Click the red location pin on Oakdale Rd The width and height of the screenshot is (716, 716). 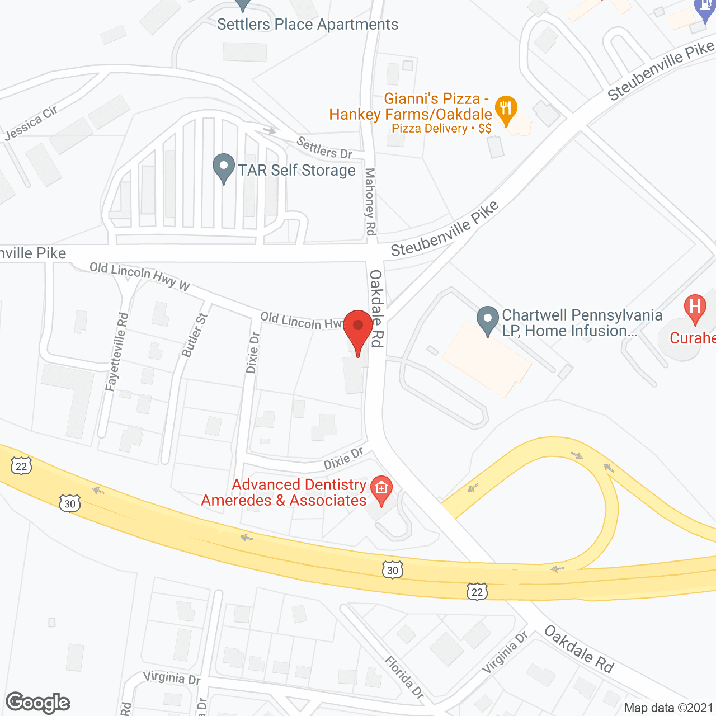coord(358,327)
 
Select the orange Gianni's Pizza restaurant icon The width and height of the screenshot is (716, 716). coord(506,109)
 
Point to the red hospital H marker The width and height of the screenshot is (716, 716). coord(695,308)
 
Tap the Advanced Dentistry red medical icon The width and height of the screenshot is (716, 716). coord(381,488)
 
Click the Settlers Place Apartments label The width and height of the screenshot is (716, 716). coord(308,25)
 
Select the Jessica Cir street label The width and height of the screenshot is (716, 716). coord(31,123)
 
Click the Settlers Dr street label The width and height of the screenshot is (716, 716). coord(324,148)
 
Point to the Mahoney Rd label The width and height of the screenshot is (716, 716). coord(370,201)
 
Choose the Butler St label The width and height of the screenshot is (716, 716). coord(195,335)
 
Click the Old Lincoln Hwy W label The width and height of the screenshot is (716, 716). coord(140,276)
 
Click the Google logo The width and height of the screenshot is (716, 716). coord(38,703)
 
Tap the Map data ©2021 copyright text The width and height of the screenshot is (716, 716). coord(668,708)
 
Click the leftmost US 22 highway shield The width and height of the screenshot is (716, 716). coord(21,466)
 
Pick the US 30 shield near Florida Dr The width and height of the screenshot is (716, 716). coord(393,571)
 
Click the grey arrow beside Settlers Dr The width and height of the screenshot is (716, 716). coord(270,131)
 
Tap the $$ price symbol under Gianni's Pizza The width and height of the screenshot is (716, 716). coord(485,129)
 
